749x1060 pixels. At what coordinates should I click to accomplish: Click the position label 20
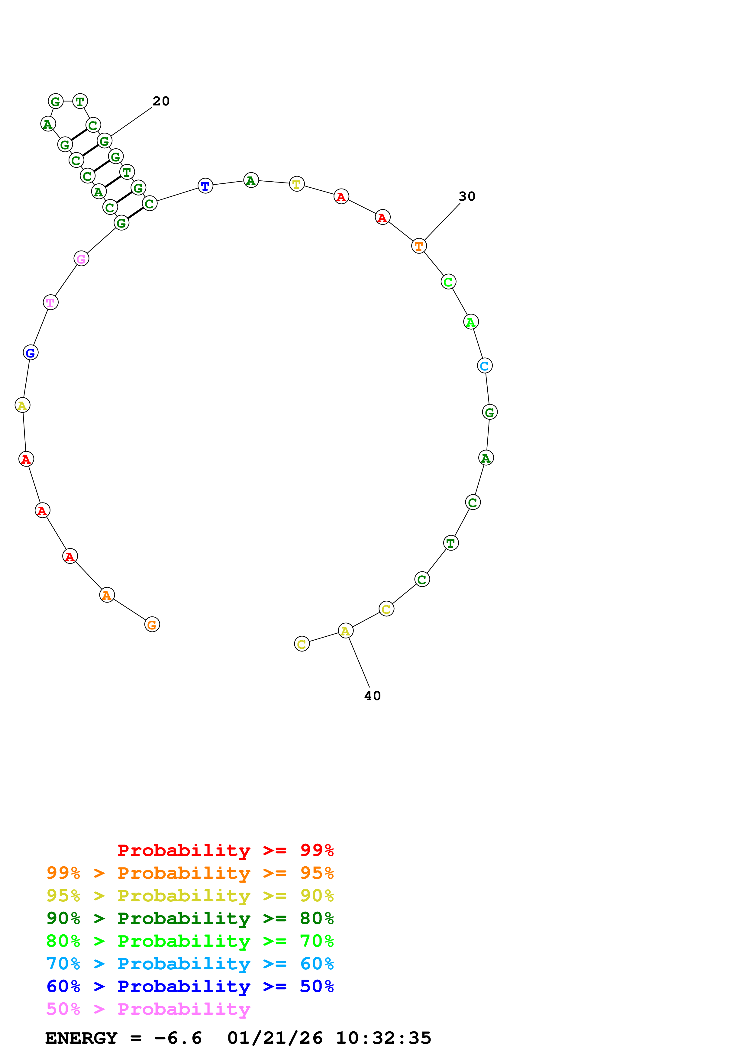[x=161, y=101]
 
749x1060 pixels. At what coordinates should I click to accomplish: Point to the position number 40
[x=373, y=696]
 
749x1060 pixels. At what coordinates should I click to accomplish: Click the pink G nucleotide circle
[x=81, y=259]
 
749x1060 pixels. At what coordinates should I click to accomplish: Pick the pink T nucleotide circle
[x=50, y=302]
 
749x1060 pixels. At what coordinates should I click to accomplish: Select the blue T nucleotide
[x=205, y=186]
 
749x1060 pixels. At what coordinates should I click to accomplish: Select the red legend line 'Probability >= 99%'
[x=225, y=850]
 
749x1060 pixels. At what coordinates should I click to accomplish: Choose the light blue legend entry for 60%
[x=190, y=964]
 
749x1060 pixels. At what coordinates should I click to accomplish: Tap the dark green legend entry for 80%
[x=190, y=918]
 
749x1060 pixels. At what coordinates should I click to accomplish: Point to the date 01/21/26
[x=275, y=1038]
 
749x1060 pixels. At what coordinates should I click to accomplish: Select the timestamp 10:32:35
[x=383, y=1038]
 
